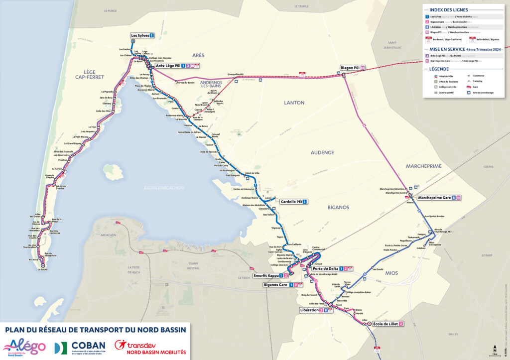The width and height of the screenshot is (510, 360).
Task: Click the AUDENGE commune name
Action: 322,152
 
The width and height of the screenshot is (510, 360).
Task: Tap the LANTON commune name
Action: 294,103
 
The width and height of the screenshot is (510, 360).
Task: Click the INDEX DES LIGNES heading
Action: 448,9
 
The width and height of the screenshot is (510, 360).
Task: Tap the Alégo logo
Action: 25,347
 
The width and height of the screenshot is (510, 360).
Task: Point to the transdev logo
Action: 150,347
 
